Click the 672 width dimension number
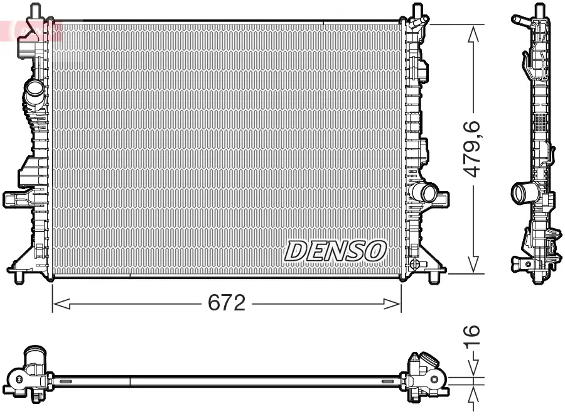pos(226,304)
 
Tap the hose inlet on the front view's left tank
pos(33,94)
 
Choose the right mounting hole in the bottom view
pos(433,380)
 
